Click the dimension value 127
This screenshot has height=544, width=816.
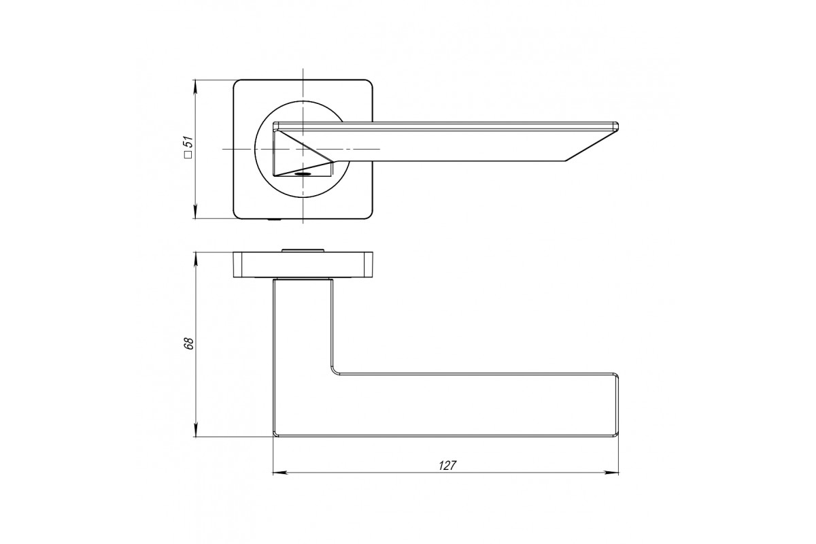tap(447, 465)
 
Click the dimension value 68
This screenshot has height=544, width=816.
tap(189, 343)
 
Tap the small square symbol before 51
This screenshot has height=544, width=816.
tap(188, 154)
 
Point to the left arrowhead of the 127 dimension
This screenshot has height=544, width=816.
tap(278, 473)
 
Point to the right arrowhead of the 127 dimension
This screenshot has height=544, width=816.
tap(613, 473)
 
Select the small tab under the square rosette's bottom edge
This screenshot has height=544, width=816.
tap(274, 220)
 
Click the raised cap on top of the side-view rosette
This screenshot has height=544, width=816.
tap(303, 250)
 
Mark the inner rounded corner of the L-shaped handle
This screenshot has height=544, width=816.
tap(335, 370)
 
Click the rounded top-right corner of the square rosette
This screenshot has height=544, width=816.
tap(369, 83)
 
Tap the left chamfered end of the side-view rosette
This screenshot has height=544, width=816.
tap(237, 265)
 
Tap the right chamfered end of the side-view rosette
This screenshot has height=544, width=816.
tap(369, 265)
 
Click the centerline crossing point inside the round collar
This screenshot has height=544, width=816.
tap(303, 149)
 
